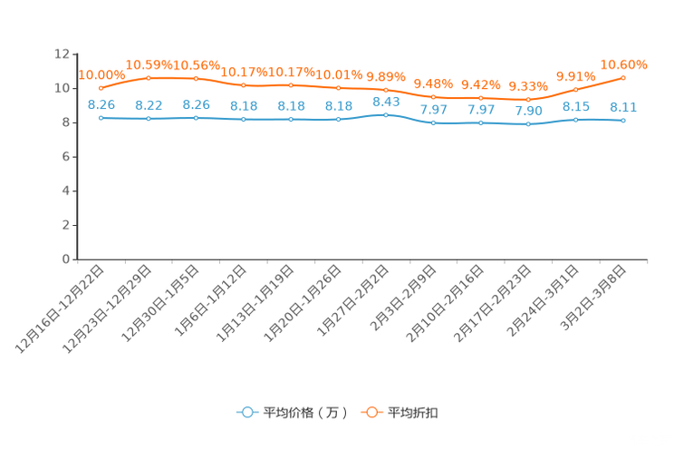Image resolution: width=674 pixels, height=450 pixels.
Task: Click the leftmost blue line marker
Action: point(101,118)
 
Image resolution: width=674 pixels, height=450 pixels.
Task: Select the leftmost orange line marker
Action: point(101,89)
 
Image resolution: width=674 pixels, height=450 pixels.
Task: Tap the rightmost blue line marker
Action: point(623,121)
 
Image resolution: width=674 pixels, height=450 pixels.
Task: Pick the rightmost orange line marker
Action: point(623,77)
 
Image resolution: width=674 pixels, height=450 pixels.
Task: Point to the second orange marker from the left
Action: point(148,78)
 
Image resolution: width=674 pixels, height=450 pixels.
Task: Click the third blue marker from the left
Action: point(196,118)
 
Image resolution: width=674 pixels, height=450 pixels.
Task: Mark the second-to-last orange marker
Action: point(575,89)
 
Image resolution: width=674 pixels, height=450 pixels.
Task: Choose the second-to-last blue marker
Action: point(575,120)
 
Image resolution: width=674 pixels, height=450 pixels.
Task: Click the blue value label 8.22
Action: point(148,104)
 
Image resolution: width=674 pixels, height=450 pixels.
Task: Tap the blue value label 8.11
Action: point(623,107)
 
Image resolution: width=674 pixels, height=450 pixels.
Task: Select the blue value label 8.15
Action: point(575,106)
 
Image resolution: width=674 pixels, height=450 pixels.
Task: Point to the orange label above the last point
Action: point(623,64)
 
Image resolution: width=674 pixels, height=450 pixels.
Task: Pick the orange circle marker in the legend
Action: point(371,412)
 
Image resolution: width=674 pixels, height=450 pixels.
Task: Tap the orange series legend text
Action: point(413,413)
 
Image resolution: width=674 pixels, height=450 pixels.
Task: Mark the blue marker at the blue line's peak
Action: point(386,115)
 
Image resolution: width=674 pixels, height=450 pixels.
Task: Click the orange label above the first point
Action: point(101,74)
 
